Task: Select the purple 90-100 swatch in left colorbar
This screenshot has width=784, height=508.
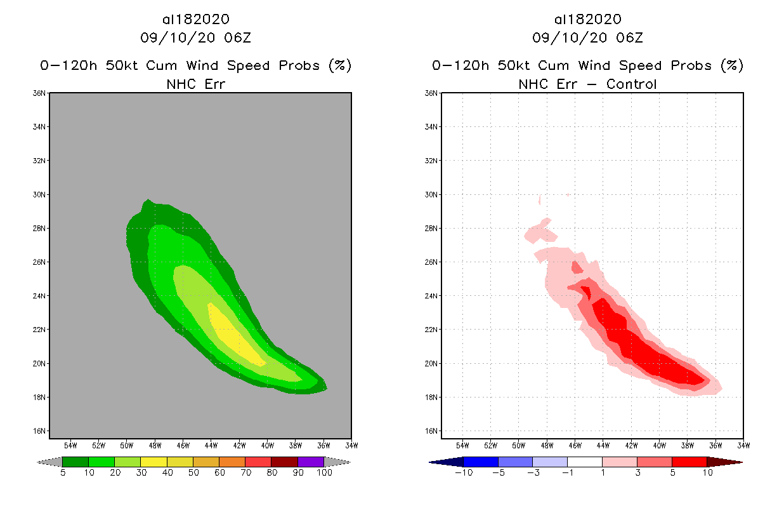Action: [x=311, y=462]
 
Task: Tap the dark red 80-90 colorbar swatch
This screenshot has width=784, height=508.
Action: [x=284, y=462]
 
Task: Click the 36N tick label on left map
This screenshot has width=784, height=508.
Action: [x=39, y=93]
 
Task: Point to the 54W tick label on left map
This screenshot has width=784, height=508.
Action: [x=70, y=444]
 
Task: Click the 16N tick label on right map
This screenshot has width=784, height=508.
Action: [x=431, y=431]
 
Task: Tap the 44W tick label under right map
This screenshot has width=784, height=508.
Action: [x=603, y=444]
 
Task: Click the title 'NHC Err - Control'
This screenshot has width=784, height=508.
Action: [x=587, y=84]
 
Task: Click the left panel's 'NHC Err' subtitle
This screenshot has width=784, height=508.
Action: [x=195, y=84]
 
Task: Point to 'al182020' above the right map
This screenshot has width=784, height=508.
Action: [x=587, y=20]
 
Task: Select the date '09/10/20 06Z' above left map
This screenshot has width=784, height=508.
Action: [x=195, y=37]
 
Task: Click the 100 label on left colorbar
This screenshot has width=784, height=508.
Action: [x=324, y=472]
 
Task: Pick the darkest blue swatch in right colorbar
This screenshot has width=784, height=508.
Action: [x=448, y=462]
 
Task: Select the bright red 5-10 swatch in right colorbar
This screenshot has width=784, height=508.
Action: [x=689, y=462]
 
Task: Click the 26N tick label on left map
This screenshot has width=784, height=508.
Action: [x=39, y=262]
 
